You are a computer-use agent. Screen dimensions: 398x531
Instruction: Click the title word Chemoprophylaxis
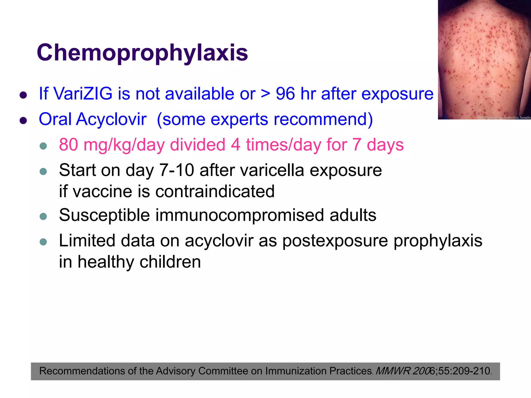[142, 53]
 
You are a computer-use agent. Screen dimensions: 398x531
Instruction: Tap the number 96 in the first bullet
[285, 94]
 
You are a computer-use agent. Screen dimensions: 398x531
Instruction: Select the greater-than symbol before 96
[265, 94]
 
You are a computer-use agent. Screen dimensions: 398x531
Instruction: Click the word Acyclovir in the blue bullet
[111, 119]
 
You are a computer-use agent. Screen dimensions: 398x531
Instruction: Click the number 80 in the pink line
[68, 145]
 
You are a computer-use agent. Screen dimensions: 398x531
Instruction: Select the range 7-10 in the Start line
[176, 170]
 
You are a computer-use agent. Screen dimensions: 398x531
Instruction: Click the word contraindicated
[215, 191]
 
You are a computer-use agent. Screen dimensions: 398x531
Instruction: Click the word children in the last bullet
[170, 262]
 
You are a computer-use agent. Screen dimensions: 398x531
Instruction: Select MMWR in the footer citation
[393, 371]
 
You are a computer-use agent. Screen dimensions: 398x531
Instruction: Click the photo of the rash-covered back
[484, 60]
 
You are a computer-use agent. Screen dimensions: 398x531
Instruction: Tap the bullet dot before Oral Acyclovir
[23, 120]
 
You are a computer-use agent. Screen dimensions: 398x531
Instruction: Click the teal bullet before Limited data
[43, 242]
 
